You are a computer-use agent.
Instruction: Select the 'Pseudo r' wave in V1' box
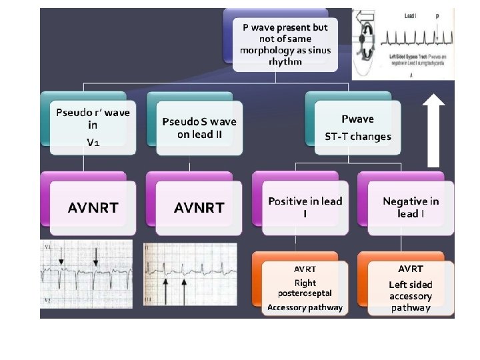coord(93,126)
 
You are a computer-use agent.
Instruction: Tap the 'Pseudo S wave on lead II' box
coord(199,127)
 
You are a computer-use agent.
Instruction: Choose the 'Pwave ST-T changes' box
coord(357,127)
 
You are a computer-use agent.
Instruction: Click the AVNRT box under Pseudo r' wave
coord(93,207)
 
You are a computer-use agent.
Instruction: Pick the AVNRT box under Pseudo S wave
coord(199,207)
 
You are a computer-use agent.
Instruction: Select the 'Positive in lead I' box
coord(305,207)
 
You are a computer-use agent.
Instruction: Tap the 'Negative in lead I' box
coord(410,207)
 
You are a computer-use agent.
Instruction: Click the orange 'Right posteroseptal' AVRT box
coord(305,288)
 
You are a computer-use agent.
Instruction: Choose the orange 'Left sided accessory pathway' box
coord(410,288)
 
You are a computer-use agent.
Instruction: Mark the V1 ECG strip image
coord(88,275)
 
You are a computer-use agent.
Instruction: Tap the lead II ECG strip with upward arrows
coord(191,275)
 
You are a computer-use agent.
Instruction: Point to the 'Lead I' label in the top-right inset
coord(400,14)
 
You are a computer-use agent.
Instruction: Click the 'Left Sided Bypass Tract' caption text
coord(407,57)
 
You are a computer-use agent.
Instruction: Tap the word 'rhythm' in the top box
coord(285,61)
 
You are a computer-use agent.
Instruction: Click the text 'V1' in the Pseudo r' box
coord(92,142)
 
